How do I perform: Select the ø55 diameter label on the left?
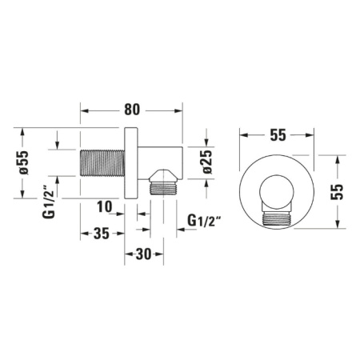click(24, 163)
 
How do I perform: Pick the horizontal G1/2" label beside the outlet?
click(203, 220)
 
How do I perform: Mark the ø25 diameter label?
click(206, 162)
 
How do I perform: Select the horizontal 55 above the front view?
click(278, 134)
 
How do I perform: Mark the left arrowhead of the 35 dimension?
click(84, 233)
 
